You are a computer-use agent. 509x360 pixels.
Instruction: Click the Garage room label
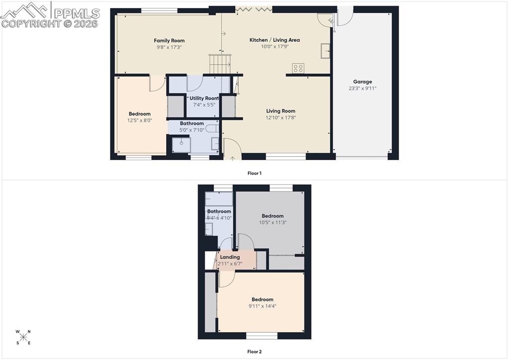click(362, 82)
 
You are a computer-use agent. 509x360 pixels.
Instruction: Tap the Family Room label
click(169, 40)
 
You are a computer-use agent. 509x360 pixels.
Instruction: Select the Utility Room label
click(204, 98)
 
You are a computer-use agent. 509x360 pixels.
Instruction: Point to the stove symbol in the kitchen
click(298, 69)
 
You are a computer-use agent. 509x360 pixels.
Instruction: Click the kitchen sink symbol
click(326, 51)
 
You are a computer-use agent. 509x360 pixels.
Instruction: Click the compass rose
click(23, 337)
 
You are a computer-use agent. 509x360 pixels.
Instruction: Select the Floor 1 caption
click(254, 173)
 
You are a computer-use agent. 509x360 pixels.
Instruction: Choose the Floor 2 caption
click(254, 352)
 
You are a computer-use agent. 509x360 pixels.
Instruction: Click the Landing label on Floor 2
click(230, 257)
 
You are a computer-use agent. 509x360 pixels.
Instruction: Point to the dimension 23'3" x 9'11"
click(362, 89)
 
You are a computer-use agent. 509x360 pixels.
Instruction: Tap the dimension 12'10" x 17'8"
click(281, 118)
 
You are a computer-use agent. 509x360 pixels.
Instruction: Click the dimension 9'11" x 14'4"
click(262, 306)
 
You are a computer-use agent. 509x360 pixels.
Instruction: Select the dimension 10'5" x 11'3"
click(273, 223)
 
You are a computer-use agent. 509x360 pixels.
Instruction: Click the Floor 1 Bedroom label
click(139, 114)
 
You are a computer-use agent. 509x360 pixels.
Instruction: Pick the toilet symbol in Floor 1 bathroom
click(213, 128)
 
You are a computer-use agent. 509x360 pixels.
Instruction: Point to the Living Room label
click(281, 111)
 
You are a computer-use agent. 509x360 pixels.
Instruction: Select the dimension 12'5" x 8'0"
click(139, 120)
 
